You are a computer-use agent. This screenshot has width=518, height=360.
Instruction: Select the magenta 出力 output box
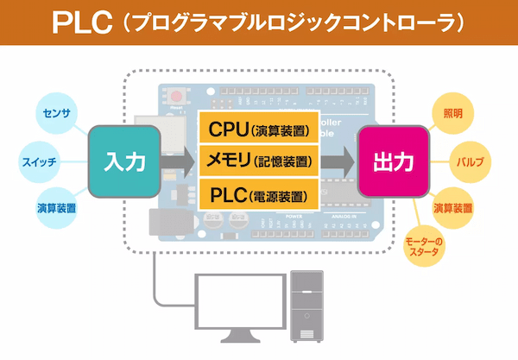coord(394,161)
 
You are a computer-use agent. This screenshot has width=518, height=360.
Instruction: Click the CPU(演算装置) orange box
coord(260,129)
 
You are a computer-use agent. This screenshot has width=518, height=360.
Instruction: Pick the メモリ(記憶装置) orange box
coord(260,160)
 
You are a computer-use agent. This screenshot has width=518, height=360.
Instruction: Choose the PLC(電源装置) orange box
coord(260,192)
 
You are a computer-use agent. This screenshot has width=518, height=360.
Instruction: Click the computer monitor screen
coord(234,298)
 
